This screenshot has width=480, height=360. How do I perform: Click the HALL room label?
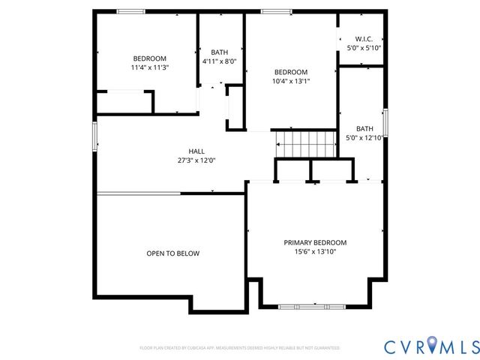[x=196, y=151]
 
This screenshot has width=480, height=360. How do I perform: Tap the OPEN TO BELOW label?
[x=172, y=253]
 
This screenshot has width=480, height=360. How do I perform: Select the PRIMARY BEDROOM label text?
[x=315, y=242]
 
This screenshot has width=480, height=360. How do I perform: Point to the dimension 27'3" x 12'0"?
[x=196, y=160]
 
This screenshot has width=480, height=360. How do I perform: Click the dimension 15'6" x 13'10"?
[x=315, y=252]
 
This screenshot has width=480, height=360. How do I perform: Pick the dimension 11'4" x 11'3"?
[x=149, y=67]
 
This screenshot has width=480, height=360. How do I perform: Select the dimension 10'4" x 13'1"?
[x=290, y=81]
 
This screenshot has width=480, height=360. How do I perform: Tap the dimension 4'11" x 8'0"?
[x=220, y=61]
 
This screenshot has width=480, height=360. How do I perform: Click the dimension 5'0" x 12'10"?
[x=364, y=138]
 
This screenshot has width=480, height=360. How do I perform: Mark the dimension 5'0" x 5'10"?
[x=364, y=48]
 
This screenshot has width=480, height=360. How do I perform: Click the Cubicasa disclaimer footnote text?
[x=240, y=348]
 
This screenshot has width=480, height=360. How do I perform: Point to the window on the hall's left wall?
[x=95, y=136]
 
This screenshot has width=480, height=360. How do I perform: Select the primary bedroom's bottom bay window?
[x=311, y=306]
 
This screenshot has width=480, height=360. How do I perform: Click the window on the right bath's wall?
[x=385, y=122]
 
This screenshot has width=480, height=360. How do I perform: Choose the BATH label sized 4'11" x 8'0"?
[x=220, y=52]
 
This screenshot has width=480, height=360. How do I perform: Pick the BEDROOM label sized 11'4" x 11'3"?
[x=149, y=58]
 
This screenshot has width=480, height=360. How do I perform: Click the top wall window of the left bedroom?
[x=131, y=11]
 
